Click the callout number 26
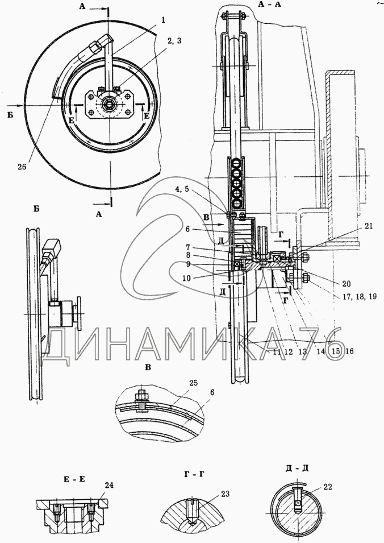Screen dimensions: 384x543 22,166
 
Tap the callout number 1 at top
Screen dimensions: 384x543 163,20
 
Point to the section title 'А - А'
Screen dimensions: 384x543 269,5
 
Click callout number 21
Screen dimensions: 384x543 369,226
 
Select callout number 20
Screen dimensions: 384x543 345,284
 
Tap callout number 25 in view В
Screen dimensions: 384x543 193,383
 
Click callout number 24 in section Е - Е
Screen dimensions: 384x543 109,485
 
